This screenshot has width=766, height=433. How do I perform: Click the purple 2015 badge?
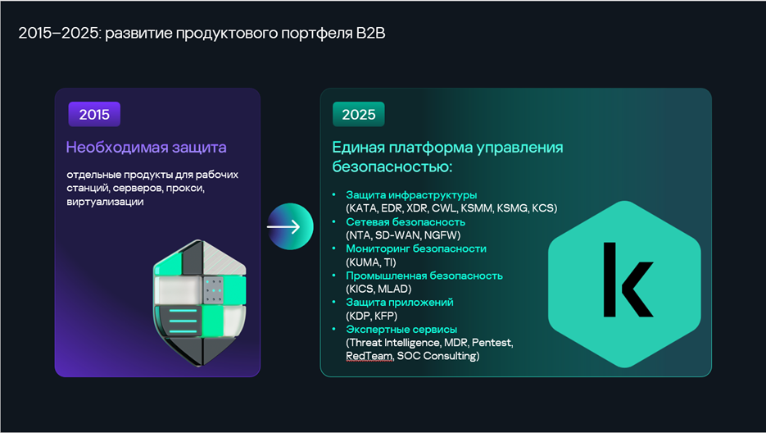[94, 114]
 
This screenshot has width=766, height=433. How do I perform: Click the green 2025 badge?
[359, 114]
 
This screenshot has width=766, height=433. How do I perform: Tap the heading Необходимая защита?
[146, 148]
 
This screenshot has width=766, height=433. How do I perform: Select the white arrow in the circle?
[283, 226]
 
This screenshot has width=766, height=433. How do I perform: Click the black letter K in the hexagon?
[628, 280]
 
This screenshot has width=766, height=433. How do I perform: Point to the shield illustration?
[200, 303]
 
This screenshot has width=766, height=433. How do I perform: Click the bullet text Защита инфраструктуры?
[411, 194]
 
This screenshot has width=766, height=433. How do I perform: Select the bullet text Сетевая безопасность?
[406, 221]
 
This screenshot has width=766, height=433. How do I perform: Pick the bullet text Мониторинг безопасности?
[416, 248]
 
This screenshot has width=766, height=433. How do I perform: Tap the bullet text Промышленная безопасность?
[424, 276]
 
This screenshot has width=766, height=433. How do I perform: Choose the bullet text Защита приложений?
[400, 303]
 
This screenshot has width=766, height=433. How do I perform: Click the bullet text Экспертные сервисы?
[401, 330]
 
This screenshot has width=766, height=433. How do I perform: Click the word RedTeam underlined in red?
[369, 356]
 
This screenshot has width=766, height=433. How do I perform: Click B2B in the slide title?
[371, 33]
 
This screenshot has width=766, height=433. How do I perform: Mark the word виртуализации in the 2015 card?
[105, 202]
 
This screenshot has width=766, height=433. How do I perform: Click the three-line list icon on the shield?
[184, 321]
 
